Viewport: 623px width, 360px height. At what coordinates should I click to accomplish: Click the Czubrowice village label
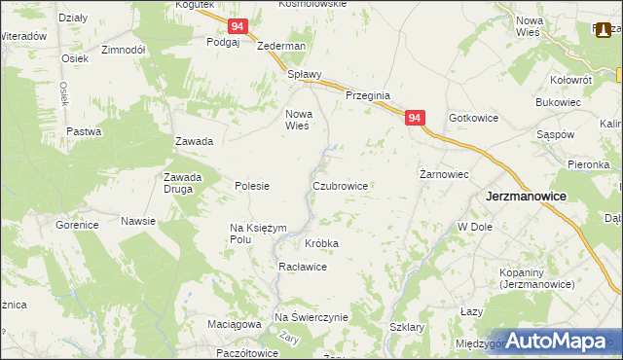pyautogui.click(x=339, y=185)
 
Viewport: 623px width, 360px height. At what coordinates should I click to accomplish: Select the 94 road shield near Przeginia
pyautogui.click(x=416, y=119)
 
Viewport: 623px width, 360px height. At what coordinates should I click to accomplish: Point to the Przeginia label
pyautogui.click(x=368, y=95)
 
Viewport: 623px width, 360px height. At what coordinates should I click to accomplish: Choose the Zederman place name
pyautogui.click(x=281, y=46)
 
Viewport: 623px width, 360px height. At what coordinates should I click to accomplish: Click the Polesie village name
pyautogui.click(x=252, y=186)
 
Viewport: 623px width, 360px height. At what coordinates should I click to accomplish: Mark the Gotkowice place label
pyautogui.click(x=473, y=118)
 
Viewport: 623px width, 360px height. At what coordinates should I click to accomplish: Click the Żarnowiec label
pyautogui.click(x=444, y=174)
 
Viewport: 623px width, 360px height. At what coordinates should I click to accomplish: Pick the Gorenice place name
pyautogui.click(x=77, y=225)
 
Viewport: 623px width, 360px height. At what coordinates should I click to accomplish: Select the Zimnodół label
pyautogui.click(x=123, y=49)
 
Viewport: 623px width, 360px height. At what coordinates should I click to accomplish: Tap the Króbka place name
pyautogui.click(x=322, y=242)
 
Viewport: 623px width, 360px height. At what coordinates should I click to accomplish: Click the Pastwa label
pyautogui.click(x=84, y=131)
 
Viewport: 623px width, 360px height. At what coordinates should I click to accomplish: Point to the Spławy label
pyautogui.click(x=304, y=74)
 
